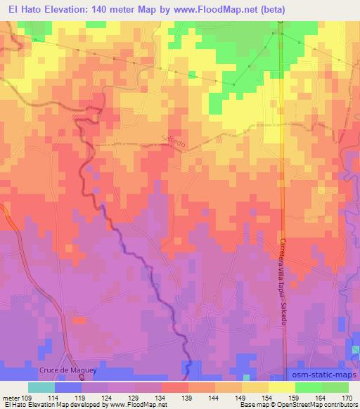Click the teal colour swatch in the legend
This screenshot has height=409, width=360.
coord(41,388)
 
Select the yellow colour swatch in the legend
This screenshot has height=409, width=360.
coord(282,388)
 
